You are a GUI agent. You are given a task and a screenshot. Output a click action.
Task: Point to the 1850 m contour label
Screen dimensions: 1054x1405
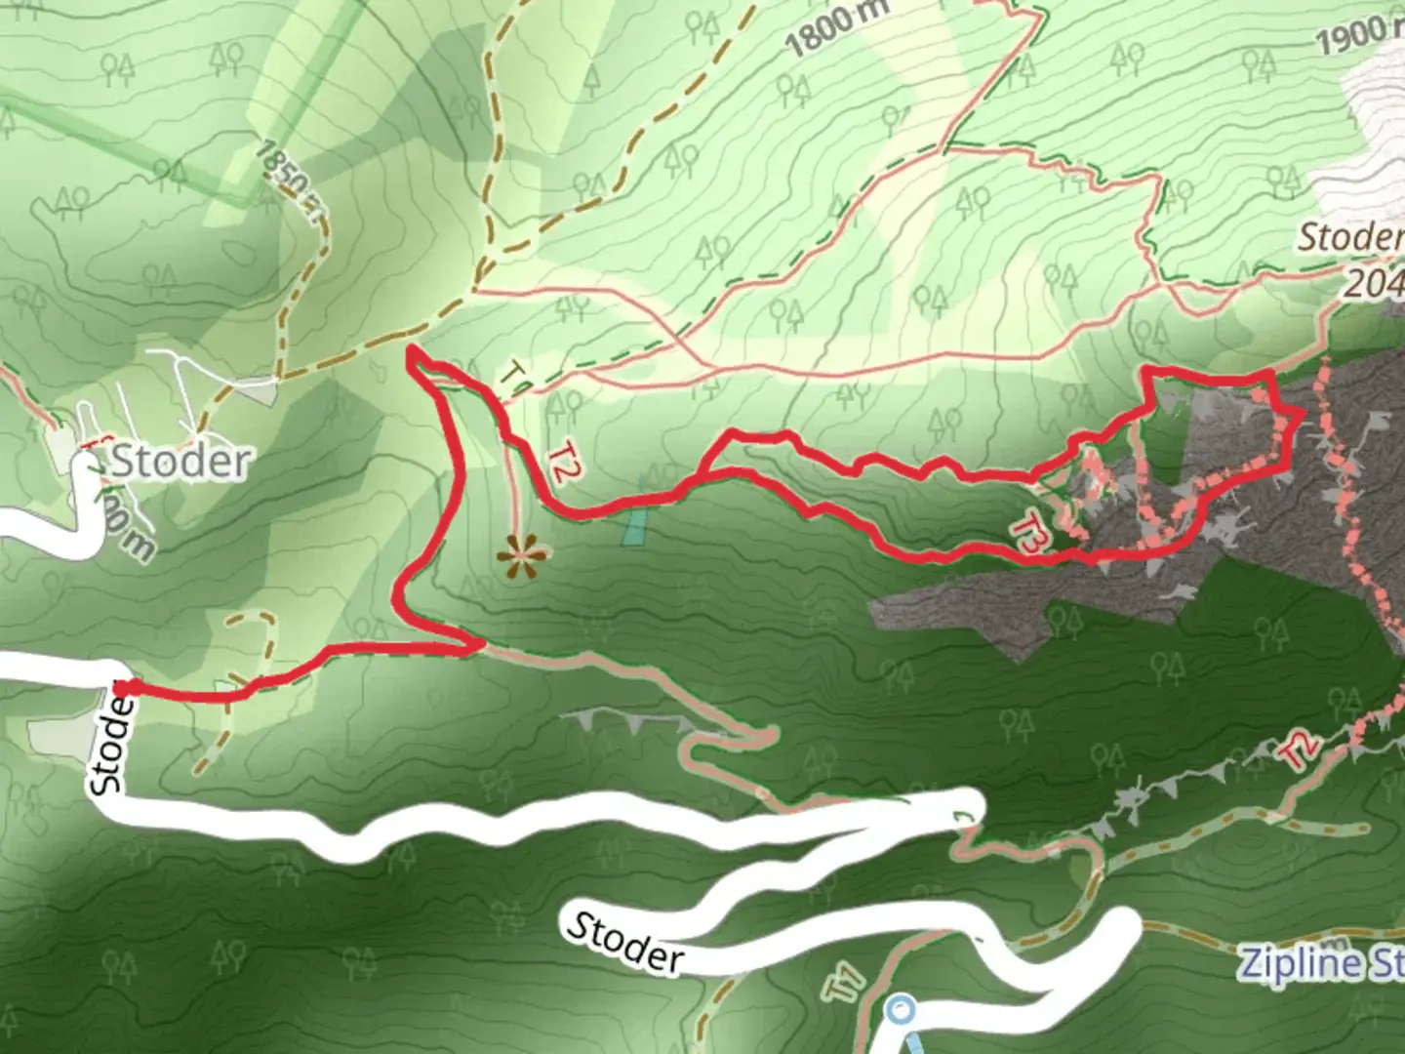click(x=288, y=181)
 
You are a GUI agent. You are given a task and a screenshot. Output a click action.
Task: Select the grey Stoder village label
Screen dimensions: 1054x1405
click(x=181, y=461)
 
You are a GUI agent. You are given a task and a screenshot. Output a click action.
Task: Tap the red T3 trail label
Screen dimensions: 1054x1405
click(x=1030, y=536)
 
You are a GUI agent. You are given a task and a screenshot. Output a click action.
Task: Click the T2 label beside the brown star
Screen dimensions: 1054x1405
click(x=560, y=465)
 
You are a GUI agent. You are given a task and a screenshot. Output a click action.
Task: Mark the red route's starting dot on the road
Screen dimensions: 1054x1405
click(x=130, y=689)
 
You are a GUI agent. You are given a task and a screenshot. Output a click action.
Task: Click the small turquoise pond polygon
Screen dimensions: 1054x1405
click(x=633, y=525)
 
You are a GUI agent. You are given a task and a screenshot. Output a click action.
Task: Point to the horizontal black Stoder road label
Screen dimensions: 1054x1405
click(x=625, y=941)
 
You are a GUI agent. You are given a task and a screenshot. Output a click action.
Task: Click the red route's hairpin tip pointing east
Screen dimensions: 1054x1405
click(x=478, y=643)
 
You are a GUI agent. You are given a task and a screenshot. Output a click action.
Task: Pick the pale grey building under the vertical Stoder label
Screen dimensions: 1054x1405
click(x=53, y=737)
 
